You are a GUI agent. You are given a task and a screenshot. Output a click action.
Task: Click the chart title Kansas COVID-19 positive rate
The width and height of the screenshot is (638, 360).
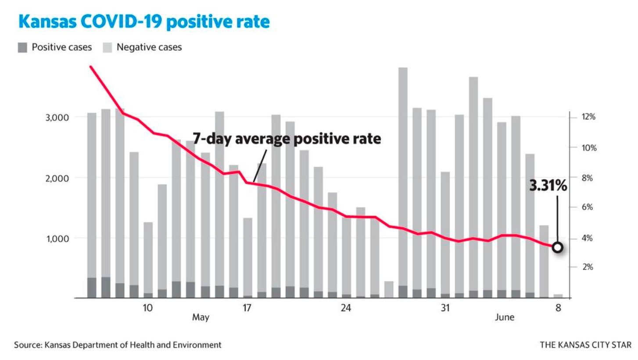coord(144,22)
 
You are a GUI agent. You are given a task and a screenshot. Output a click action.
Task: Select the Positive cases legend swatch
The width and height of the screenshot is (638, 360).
coord(22,47)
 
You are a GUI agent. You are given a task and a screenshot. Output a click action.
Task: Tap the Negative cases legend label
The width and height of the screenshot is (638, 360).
coord(149,47)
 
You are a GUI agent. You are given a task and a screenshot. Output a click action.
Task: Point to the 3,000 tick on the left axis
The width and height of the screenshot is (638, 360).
coord(57,118)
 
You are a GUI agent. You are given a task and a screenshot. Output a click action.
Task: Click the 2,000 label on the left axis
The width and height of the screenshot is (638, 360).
coord(57,178)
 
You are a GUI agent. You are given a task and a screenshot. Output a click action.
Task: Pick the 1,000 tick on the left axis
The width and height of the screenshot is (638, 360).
coord(57,239)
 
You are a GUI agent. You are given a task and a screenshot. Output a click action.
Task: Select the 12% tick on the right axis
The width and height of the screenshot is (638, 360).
coord(588,117)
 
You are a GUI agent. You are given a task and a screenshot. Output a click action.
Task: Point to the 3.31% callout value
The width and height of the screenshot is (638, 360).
coord(548,186)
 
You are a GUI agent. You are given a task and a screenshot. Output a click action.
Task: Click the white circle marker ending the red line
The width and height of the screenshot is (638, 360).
coord(558,248)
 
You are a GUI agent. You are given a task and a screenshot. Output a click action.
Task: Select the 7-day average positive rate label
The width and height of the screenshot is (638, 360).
coord(287,139)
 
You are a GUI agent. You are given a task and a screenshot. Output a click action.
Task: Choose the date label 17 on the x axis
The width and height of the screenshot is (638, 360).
coord(247,308)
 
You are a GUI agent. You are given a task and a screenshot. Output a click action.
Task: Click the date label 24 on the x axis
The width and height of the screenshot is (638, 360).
coord(346,308)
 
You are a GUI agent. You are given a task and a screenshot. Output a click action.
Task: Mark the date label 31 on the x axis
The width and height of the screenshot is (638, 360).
coord(445,308)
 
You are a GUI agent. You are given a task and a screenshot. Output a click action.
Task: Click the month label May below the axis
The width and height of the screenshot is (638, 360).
coord(201,317)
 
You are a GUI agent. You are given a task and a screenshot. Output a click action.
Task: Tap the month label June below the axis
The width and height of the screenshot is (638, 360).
coord(505,317)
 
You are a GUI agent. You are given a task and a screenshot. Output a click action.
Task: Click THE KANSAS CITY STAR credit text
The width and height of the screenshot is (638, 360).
coord(585,345)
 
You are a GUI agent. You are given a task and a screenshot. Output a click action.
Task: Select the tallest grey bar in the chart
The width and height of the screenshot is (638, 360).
coord(403,176)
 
